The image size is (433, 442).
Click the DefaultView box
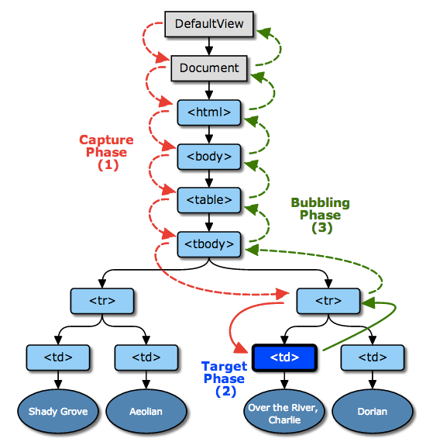209,24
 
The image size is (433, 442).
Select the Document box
209,68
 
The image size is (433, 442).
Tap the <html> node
209,112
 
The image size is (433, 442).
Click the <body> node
209,156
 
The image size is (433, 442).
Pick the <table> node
209,200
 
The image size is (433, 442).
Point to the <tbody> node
209,243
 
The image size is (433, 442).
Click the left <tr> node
102,300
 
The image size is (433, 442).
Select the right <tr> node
328,300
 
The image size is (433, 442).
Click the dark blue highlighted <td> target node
286,357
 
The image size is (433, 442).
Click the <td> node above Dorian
372,357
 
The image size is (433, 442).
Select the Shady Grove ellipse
58,410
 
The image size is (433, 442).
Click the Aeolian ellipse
146,410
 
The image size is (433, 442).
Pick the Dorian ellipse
372,410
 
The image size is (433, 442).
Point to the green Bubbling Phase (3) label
320,215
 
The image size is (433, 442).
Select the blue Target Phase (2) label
224,378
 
